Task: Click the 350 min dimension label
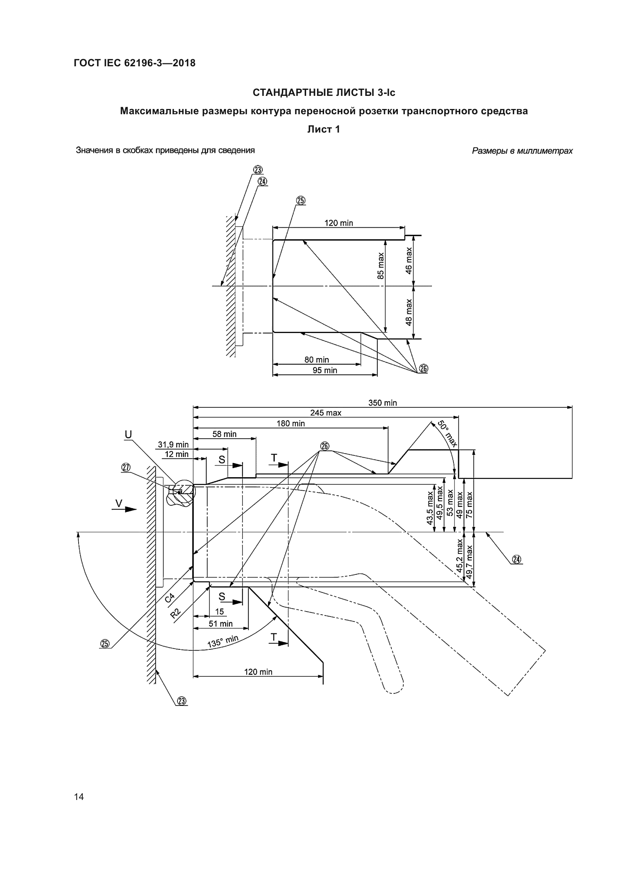coord(382,403)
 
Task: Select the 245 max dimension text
coord(326,413)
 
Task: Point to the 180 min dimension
coord(290,424)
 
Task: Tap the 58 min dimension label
coord(224,434)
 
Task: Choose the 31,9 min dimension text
coord(173,445)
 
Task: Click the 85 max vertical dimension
coord(381,266)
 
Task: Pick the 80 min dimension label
coord(316,360)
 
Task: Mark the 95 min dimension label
coord(325,370)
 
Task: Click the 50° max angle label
coord(447,434)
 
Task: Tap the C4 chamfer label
coord(170,598)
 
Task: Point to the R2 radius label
coord(176,613)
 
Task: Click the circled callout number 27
coord(126,468)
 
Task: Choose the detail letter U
coord(128,434)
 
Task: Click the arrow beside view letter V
coord(130,509)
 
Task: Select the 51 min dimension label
coord(220,624)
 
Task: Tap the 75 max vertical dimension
coord(469,504)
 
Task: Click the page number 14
coord(79,797)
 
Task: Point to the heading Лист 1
coord(324,129)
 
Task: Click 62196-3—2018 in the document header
coord(160,63)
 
